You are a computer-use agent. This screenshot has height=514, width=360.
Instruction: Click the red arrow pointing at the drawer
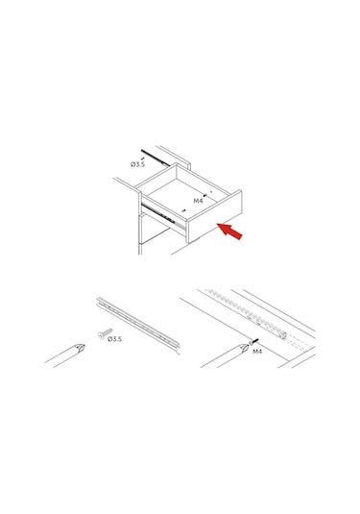230,231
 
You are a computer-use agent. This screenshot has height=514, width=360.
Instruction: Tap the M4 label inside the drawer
198,201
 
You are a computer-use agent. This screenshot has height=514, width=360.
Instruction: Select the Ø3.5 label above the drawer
137,164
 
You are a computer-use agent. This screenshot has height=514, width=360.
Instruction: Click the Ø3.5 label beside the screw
114,339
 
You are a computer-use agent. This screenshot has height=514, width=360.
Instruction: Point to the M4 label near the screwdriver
257,352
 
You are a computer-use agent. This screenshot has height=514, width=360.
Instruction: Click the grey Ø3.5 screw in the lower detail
105,333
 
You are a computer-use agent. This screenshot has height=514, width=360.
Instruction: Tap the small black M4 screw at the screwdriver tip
253,341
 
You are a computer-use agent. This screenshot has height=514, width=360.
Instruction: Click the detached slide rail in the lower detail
138,324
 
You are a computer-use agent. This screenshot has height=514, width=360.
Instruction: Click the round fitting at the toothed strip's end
283,335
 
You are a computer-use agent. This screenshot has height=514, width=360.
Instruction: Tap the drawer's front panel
214,216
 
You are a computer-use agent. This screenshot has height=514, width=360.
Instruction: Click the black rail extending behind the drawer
155,158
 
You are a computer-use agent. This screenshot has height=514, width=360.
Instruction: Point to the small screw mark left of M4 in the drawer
183,210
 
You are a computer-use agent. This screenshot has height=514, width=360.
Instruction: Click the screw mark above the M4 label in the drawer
205,195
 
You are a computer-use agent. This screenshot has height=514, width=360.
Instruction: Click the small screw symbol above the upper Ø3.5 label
142,159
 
